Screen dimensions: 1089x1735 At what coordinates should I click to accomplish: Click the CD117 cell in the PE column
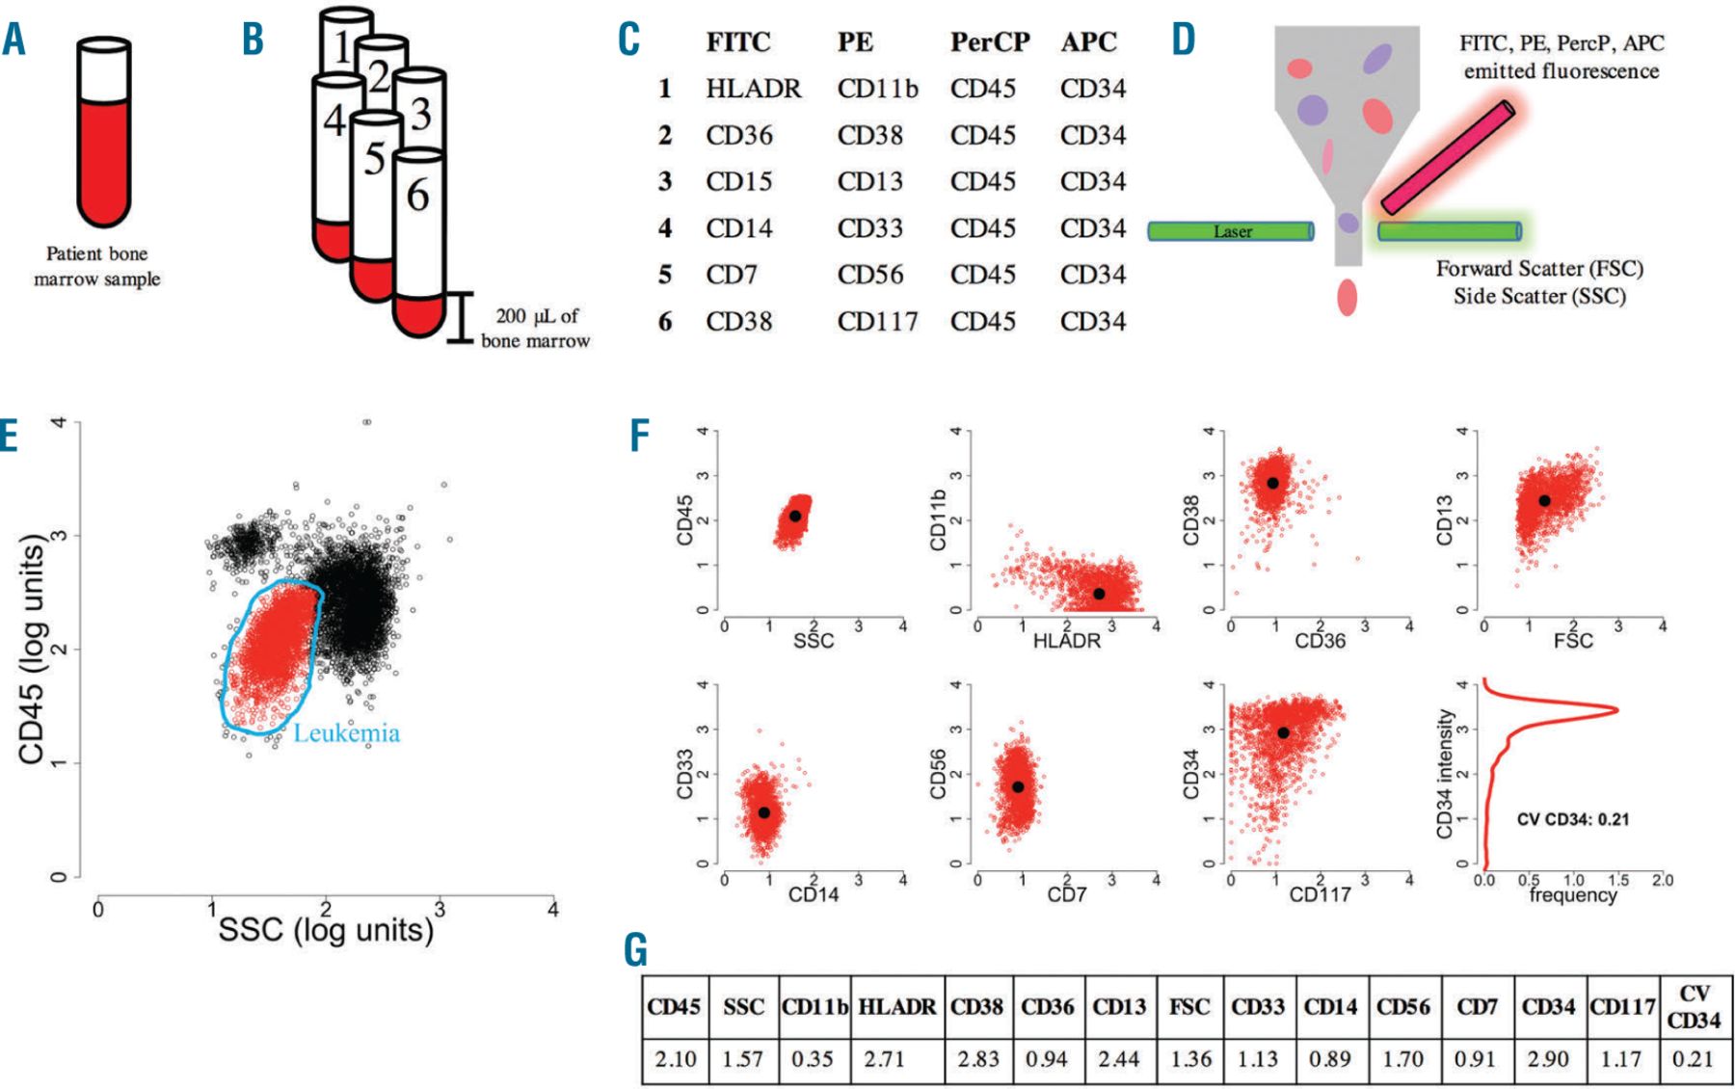(x=877, y=321)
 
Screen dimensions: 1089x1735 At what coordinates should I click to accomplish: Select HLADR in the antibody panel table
(x=753, y=89)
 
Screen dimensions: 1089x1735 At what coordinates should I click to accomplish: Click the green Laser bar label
(x=1232, y=231)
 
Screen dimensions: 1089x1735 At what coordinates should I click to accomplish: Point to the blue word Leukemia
(x=346, y=733)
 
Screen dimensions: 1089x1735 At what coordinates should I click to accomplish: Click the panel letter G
(x=636, y=950)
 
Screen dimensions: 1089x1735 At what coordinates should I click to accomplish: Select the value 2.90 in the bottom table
(x=1547, y=1059)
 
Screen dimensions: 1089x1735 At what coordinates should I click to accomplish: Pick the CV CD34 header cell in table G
(x=1694, y=1006)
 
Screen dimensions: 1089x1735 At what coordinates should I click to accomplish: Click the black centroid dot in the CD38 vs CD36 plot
(x=1272, y=483)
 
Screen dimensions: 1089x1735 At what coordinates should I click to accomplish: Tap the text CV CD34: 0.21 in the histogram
(x=1572, y=819)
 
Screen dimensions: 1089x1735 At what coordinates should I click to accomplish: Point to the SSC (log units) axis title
(x=326, y=930)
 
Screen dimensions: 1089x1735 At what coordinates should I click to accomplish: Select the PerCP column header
(x=989, y=42)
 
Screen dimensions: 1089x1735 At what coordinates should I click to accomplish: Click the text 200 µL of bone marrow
(x=536, y=328)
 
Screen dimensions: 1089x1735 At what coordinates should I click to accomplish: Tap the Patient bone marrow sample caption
(x=97, y=266)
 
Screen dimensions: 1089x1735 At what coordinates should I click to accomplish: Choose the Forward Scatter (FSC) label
(x=1539, y=269)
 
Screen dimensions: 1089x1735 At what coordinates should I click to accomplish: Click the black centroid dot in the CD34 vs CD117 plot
(x=1283, y=732)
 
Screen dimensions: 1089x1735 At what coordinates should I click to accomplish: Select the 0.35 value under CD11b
(x=812, y=1059)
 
